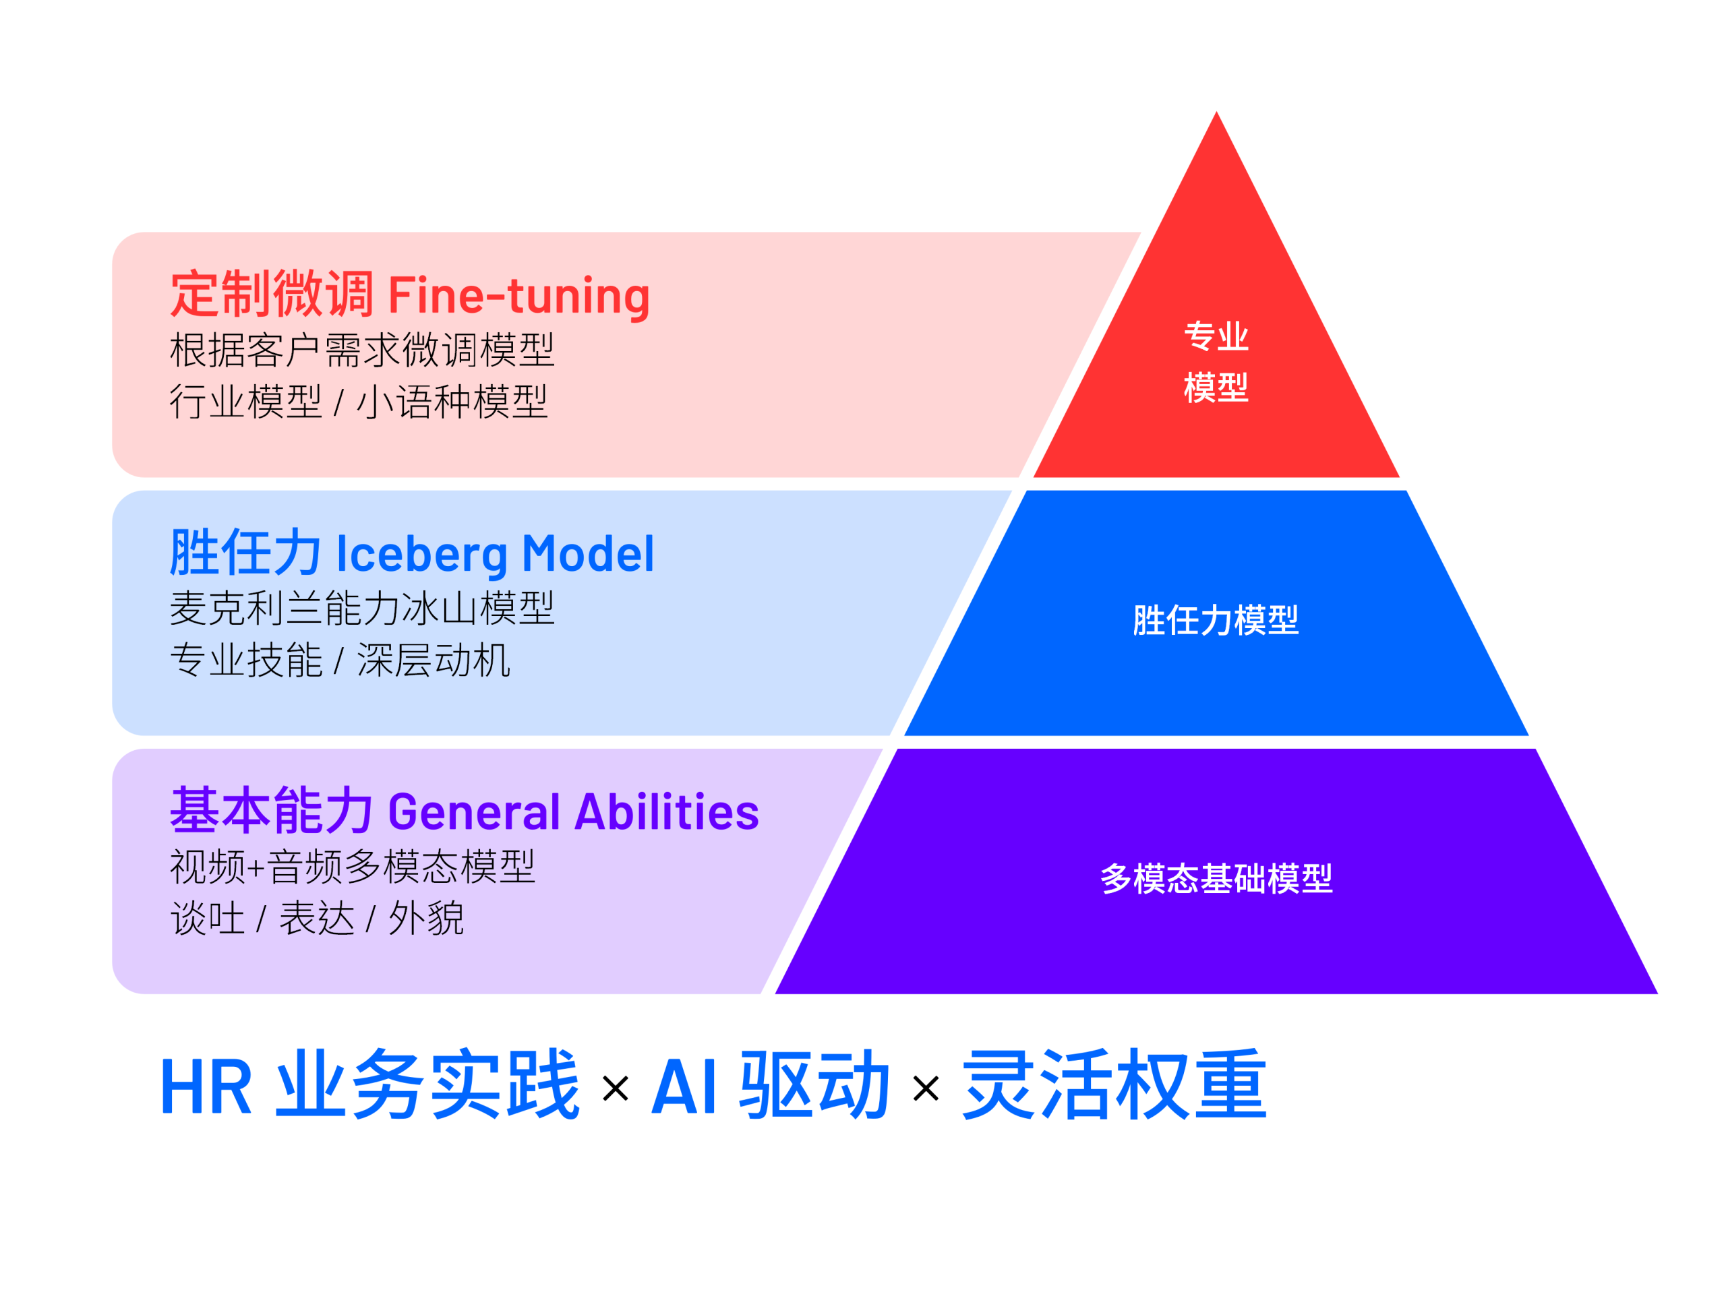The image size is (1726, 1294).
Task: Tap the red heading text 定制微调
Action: [x=271, y=294]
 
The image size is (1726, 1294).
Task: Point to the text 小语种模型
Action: [x=452, y=402]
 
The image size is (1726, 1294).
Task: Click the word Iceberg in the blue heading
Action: [x=421, y=554]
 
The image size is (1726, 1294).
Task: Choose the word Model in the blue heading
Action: [x=587, y=554]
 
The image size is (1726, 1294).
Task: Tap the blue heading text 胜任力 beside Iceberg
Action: [x=245, y=553]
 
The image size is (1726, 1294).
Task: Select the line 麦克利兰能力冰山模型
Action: [x=362, y=608]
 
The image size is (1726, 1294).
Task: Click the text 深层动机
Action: [x=433, y=660]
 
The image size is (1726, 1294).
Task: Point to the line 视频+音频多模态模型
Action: [x=353, y=866]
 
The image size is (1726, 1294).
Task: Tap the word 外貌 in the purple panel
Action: [x=426, y=918]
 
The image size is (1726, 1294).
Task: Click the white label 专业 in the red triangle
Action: [x=1216, y=336]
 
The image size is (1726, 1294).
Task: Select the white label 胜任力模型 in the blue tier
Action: [x=1216, y=620]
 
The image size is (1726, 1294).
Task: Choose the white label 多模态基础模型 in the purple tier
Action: [x=1216, y=878]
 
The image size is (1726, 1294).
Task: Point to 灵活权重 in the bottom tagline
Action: [x=1114, y=1085]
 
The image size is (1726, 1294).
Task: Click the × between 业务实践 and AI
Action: [x=615, y=1088]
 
